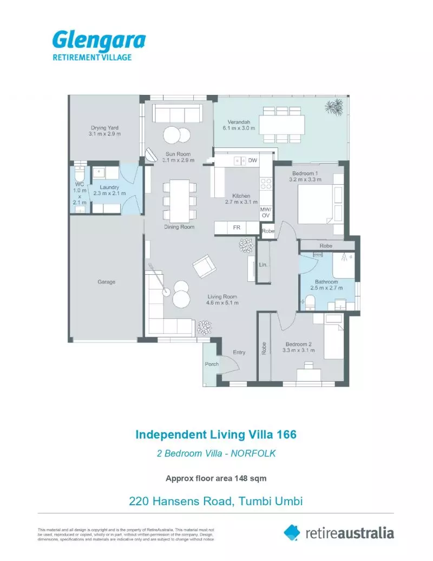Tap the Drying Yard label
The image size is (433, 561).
point(104,128)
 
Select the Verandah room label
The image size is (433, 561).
point(234,121)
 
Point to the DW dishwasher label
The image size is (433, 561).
point(253,160)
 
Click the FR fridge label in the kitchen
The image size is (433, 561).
point(237,228)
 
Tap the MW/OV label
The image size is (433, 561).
point(266,212)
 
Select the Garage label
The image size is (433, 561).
point(106,282)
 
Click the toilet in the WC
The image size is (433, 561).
point(79,174)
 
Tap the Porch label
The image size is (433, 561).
point(212,364)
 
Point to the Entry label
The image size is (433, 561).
point(239,352)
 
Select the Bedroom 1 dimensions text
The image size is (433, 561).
point(305,179)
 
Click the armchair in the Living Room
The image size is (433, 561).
point(204,266)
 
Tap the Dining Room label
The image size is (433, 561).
point(179,227)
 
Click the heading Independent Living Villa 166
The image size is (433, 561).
point(215,435)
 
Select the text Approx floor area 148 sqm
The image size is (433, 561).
point(215,478)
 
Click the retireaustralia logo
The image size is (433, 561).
point(339,532)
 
